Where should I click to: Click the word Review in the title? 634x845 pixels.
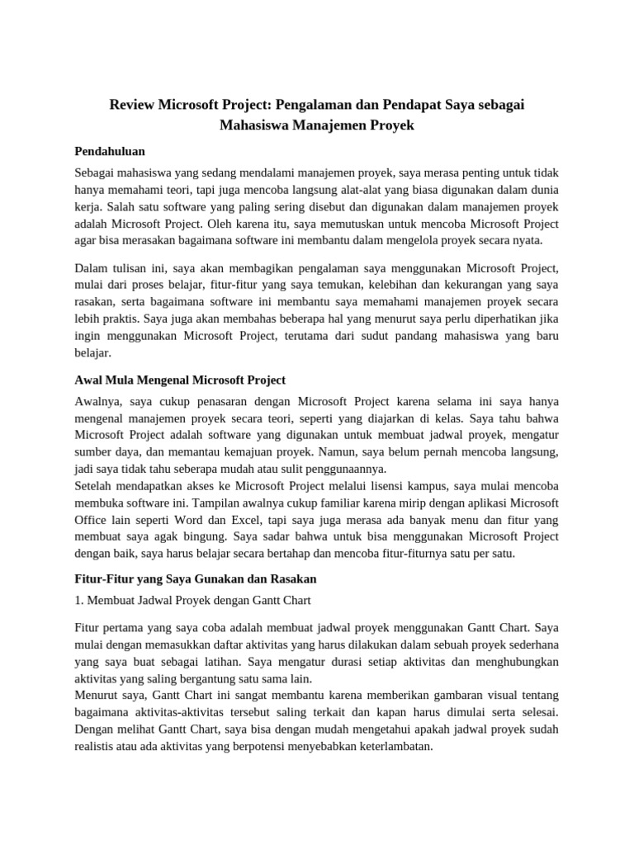pos(134,105)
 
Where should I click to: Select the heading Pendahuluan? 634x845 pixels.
pos(110,152)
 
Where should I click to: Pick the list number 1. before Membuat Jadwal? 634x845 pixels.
pos(79,600)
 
